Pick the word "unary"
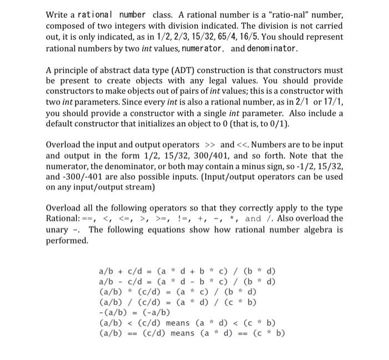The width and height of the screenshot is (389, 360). tap(56, 230)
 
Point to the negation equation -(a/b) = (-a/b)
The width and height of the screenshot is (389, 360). tap(134, 312)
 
